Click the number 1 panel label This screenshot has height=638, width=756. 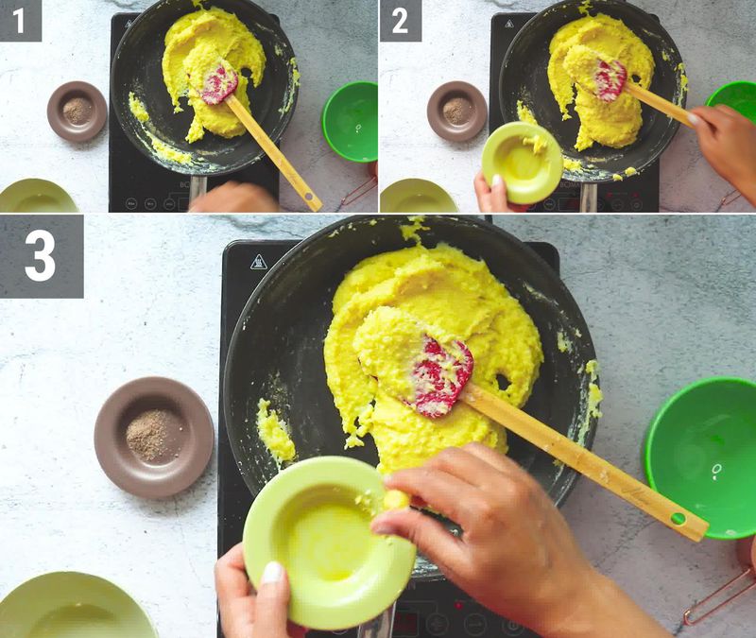[x=20, y=20]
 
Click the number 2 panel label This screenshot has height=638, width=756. [x=400, y=20]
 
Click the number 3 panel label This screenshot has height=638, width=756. [x=41, y=255]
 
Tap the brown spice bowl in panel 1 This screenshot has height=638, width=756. [x=77, y=111]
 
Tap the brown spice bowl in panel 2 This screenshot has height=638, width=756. [x=456, y=111]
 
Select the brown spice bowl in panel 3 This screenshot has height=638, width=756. [x=153, y=436]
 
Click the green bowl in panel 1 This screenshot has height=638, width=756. [x=350, y=121]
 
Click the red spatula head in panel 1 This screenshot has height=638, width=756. [x=219, y=84]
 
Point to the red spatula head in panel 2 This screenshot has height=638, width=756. [x=610, y=80]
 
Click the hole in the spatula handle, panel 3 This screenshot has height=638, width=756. [x=679, y=518]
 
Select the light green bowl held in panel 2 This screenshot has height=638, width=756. [x=521, y=162]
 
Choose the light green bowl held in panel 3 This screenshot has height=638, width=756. [x=326, y=540]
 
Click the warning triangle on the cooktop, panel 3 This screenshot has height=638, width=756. [x=258, y=262]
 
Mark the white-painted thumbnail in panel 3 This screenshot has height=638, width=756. [x=272, y=572]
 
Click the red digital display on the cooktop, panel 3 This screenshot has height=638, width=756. [x=407, y=621]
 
